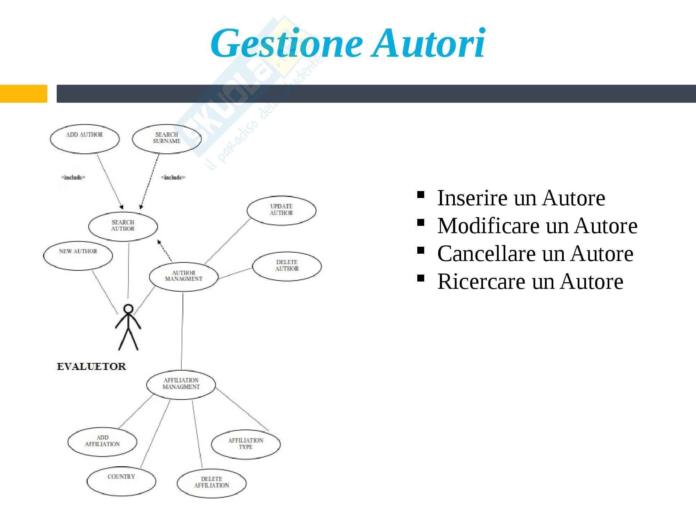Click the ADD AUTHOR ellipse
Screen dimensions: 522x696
(85, 139)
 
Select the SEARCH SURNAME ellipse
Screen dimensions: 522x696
(167, 139)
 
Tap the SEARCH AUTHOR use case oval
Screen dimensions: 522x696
(123, 226)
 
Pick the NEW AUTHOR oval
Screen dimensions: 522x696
(78, 255)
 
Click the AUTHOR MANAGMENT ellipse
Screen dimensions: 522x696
(184, 276)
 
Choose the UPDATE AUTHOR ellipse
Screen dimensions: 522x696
(282, 210)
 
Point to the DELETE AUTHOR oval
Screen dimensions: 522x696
(287, 266)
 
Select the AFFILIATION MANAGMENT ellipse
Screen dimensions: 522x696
(181, 384)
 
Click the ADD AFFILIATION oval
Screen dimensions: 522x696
(102, 441)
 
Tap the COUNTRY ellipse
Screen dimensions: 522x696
(121, 481)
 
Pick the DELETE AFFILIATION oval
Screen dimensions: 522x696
(212, 483)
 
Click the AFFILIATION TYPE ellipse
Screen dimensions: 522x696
(246, 444)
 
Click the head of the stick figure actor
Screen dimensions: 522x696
(128, 309)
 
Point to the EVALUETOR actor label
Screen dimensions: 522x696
(92, 366)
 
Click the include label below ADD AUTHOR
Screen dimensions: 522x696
(73, 177)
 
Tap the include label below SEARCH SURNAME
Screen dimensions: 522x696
(173, 177)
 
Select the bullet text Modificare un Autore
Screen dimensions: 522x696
(537, 226)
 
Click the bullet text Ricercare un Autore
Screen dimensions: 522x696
(530, 282)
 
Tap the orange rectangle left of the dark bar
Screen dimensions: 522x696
(23, 94)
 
